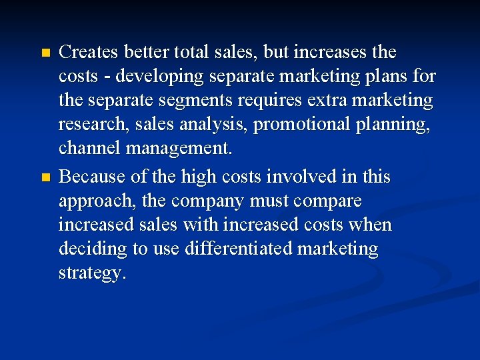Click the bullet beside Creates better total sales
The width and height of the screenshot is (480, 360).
tap(45, 53)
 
